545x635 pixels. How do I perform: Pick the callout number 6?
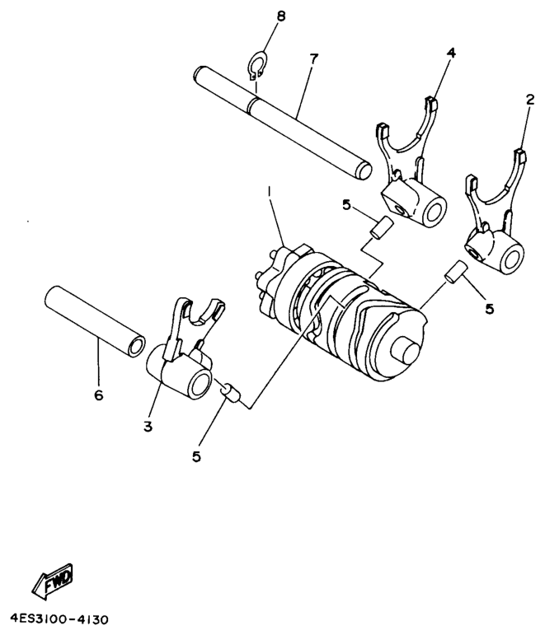coord(99,395)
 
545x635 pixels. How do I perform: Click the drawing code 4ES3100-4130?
coord(59,617)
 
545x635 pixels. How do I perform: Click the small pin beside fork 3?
coord(230,392)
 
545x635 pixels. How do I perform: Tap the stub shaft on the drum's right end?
coord(408,349)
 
